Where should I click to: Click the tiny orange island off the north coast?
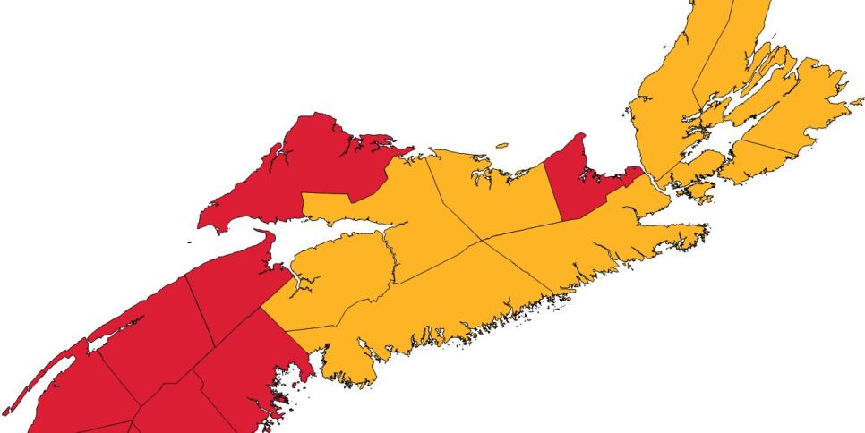pyautogui.click(x=501, y=144)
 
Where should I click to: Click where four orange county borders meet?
pyautogui.click(x=482, y=240)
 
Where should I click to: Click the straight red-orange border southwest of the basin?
pyautogui.click(x=285, y=331)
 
